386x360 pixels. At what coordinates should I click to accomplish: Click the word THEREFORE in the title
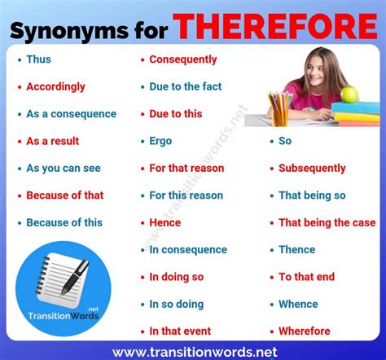[274, 26]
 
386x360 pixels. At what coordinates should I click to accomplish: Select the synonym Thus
[38, 59]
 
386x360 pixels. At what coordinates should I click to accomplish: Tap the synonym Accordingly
[55, 87]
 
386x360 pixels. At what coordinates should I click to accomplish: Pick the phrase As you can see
[64, 169]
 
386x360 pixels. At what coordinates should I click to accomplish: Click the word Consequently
[183, 59]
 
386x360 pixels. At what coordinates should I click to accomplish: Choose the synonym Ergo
[160, 141]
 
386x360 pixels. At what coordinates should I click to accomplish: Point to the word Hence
[165, 222]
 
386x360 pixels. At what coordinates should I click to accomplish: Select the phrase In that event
[180, 331]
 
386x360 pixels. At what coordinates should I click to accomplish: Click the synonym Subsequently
[312, 169]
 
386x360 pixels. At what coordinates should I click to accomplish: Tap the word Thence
[297, 250]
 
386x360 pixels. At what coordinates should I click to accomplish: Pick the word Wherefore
[305, 331]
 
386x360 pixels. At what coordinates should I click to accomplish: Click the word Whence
[298, 304]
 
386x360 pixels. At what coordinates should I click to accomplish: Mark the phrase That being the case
[327, 222]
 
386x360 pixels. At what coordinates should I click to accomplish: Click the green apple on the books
[349, 94]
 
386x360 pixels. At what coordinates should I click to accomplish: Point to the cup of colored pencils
[279, 109]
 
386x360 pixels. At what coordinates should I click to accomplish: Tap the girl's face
[315, 70]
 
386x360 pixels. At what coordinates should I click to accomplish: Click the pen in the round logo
[74, 278]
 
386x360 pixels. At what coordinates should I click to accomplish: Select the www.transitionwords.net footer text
[195, 352]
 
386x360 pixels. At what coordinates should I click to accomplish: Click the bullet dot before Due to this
[143, 114]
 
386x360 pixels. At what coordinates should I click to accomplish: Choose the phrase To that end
[307, 277]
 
